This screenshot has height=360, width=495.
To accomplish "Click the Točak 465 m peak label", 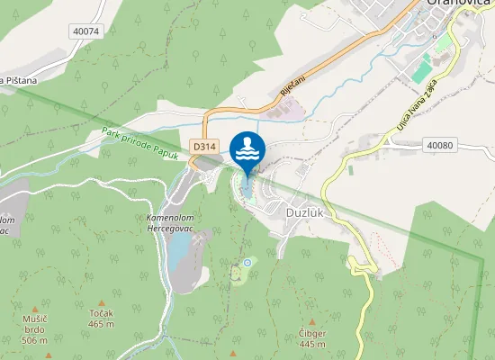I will tap(101, 319).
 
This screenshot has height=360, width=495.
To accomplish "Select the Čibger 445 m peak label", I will tap(312, 337).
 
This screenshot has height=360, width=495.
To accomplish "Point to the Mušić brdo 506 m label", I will tap(34, 329).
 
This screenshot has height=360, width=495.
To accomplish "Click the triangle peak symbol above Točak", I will tap(101, 303).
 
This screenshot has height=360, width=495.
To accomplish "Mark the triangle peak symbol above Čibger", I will tap(312, 322).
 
